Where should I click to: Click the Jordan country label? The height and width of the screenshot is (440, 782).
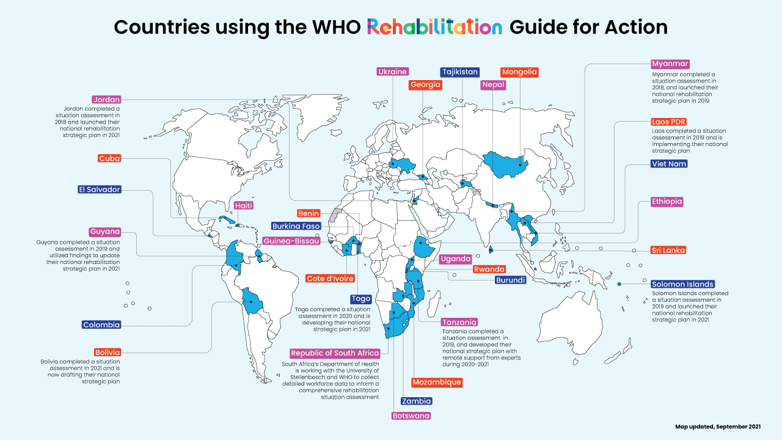(106, 100)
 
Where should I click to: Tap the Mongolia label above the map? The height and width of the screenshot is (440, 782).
(519, 72)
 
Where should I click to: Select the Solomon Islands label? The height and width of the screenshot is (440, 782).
(682, 284)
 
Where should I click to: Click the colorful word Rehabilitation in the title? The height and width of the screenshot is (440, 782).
(434, 27)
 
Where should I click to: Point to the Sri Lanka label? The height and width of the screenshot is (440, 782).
(668, 250)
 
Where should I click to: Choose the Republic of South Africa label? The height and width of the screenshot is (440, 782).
(335, 353)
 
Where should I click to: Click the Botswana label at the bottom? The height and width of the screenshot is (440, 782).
(411, 416)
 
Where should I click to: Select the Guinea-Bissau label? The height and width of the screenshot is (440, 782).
(292, 241)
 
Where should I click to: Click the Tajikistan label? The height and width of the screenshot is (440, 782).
(459, 72)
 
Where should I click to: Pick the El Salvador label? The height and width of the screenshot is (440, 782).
(99, 189)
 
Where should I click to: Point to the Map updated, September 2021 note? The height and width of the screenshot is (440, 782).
(717, 426)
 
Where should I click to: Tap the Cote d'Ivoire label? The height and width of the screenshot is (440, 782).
(330, 279)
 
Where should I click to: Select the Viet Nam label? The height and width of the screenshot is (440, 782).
(669, 164)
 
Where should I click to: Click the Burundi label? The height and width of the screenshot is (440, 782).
(510, 280)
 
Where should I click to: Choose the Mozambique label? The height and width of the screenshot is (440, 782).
(436, 383)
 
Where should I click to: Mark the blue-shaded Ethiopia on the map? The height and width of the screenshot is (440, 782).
(423, 248)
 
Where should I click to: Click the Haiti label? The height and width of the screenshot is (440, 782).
(244, 206)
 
